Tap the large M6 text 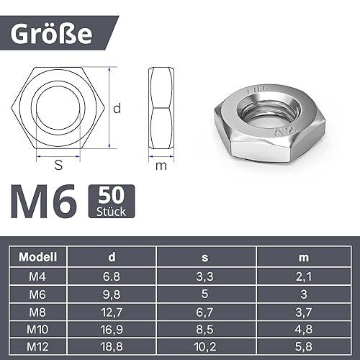(x=43, y=204)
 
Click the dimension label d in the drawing (x=116, y=109)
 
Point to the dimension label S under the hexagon (x=58, y=166)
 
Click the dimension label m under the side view (x=161, y=166)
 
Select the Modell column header (x=39, y=257)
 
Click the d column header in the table (x=112, y=257)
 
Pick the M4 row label (x=39, y=277)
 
